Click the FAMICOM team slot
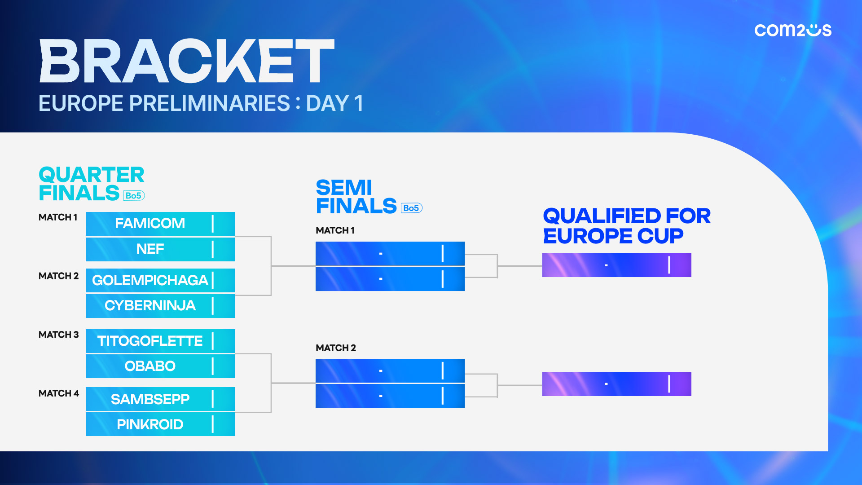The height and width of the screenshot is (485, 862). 160,224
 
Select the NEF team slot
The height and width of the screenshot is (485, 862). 160,249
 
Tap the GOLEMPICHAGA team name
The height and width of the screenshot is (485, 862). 150,280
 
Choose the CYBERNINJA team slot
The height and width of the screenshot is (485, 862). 160,306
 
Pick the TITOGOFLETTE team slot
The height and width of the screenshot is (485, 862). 160,341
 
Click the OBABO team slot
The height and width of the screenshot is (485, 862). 160,366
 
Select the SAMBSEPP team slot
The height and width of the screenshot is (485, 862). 160,399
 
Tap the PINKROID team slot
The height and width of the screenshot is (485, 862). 160,424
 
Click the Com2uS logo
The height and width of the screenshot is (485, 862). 793,30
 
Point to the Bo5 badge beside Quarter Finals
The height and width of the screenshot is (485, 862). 134,196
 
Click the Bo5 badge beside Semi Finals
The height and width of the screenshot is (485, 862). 411,208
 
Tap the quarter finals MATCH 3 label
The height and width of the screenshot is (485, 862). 58,335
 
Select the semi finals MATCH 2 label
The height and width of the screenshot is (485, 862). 336,348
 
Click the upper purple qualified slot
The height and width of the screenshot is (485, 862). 616,265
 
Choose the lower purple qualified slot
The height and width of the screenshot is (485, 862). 616,384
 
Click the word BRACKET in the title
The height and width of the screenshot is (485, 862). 187,61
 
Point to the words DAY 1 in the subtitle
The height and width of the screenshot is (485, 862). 334,103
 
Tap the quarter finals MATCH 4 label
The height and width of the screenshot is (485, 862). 58,393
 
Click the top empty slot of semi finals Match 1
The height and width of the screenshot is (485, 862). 390,254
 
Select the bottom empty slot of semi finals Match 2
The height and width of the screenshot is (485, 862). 390,396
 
